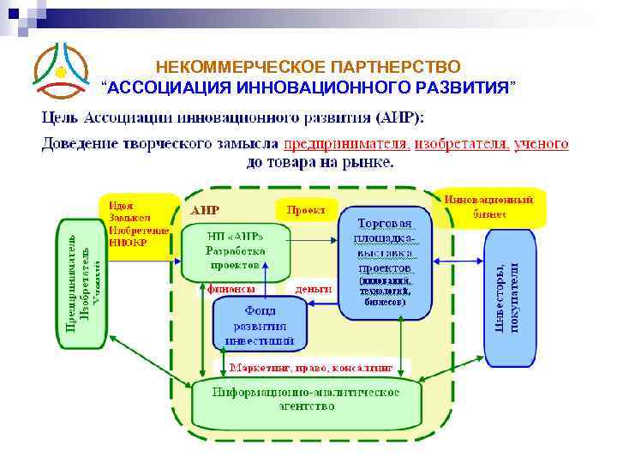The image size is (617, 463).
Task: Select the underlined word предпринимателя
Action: (346, 144)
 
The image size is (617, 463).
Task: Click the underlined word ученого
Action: (541, 144)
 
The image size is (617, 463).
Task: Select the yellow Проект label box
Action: (306, 210)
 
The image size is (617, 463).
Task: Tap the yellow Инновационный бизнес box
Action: (489, 207)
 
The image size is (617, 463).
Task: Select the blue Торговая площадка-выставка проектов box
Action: (383, 262)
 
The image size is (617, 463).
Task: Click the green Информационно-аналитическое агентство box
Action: (306, 400)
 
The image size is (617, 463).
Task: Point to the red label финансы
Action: (232, 289)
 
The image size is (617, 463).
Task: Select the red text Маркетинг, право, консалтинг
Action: (310, 366)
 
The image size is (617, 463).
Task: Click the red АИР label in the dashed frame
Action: (205, 210)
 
